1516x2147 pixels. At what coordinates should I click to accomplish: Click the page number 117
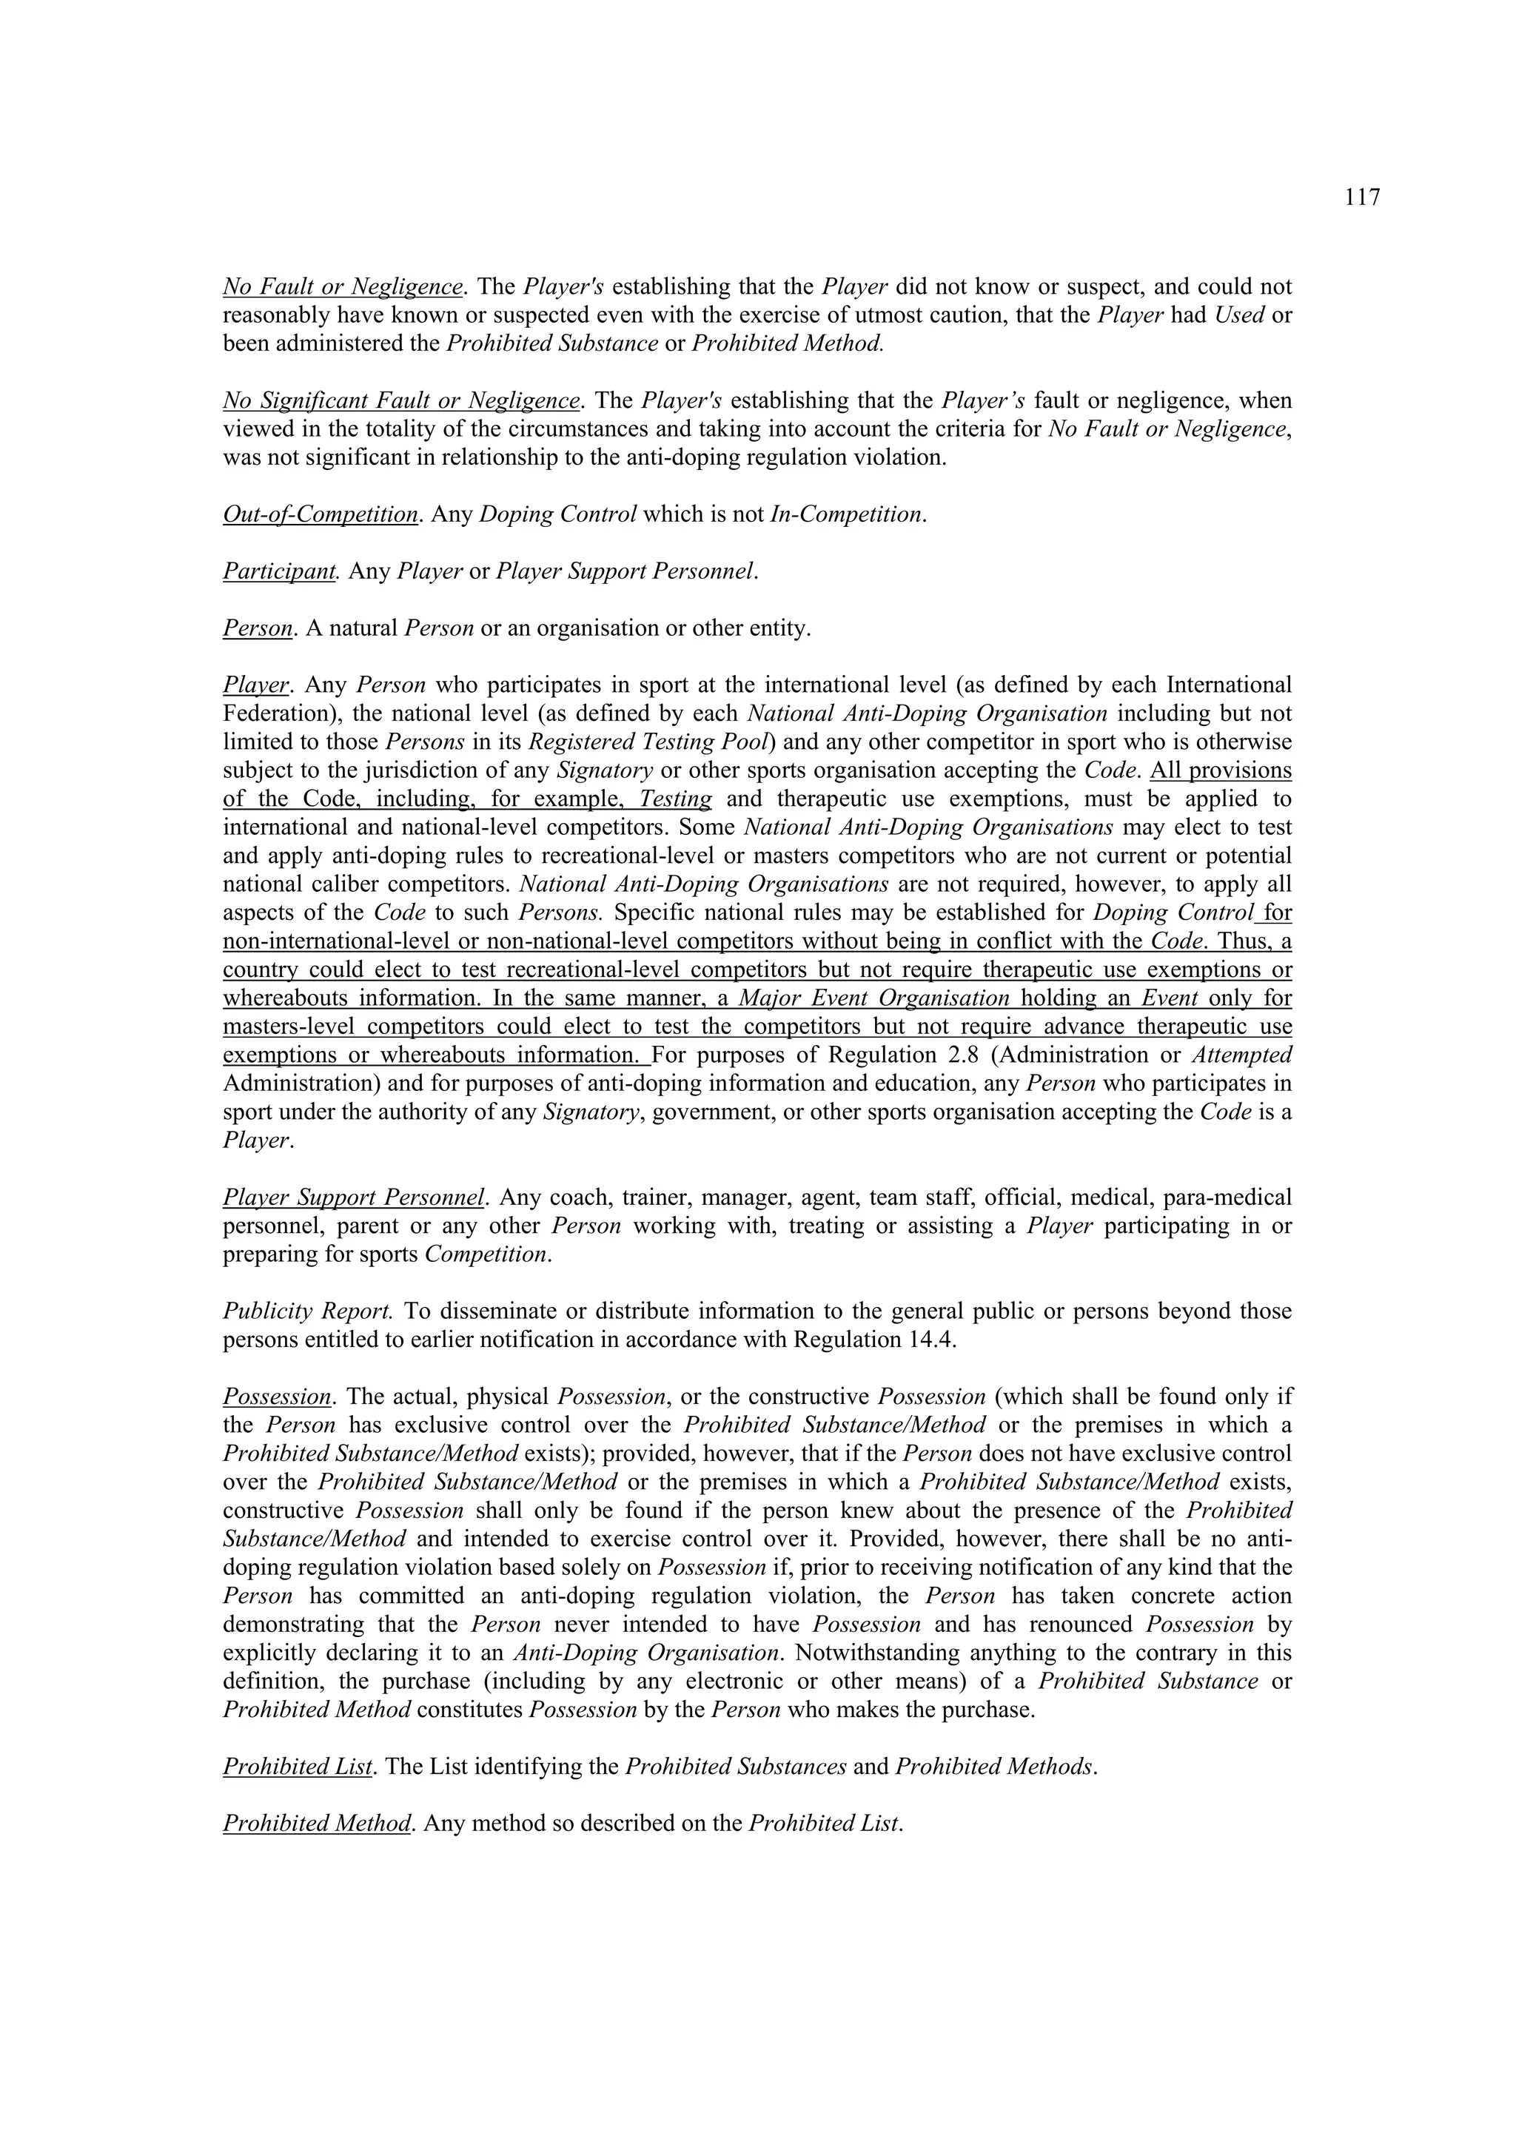tap(1362, 198)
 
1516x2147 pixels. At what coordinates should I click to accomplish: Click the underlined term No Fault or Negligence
tap(342, 286)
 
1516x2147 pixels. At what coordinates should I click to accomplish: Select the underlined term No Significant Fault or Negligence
tap(401, 400)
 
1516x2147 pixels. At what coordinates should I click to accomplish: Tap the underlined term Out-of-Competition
tap(320, 514)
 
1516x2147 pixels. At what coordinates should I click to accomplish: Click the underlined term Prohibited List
tap(298, 1767)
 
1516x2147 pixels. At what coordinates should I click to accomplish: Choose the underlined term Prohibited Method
tap(317, 1824)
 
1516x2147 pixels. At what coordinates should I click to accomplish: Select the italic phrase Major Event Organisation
tap(873, 998)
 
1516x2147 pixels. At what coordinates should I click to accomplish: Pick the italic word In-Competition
tap(846, 514)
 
